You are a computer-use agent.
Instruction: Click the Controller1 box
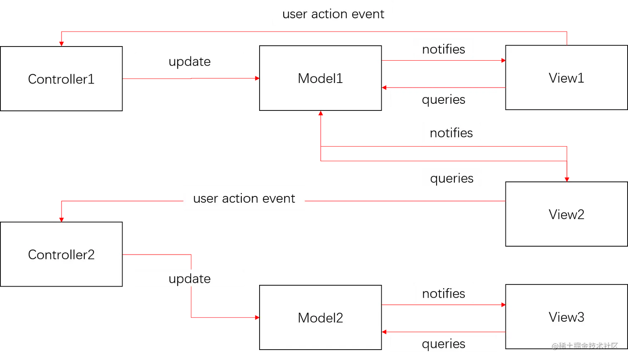pyautogui.click(x=61, y=79)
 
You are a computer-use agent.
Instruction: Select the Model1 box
pyautogui.click(x=320, y=78)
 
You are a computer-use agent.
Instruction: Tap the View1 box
pyautogui.click(x=566, y=78)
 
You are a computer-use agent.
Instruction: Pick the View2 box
pyautogui.click(x=566, y=214)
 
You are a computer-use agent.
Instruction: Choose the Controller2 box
pyautogui.click(x=61, y=255)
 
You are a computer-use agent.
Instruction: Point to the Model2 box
pyautogui.click(x=320, y=318)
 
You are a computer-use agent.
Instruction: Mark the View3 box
pyautogui.click(x=566, y=317)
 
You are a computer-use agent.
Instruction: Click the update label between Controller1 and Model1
pyautogui.click(x=189, y=61)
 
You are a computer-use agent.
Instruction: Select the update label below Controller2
pyautogui.click(x=189, y=278)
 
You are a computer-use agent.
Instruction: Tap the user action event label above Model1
pyautogui.click(x=333, y=14)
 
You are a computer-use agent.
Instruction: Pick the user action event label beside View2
pyautogui.click(x=244, y=198)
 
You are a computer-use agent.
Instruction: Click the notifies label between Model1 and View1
pyautogui.click(x=443, y=49)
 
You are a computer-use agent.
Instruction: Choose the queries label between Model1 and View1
pyautogui.click(x=443, y=100)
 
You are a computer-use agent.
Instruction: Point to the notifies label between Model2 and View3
pyautogui.click(x=443, y=293)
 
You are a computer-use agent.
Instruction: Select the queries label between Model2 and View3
pyautogui.click(x=443, y=344)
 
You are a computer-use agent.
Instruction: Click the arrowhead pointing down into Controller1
pyautogui.click(x=61, y=42)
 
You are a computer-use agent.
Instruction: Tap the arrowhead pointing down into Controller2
pyautogui.click(x=61, y=218)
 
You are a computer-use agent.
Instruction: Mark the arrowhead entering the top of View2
pyautogui.click(x=567, y=179)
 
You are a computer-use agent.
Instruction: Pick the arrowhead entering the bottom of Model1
pyautogui.click(x=320, y=114)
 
